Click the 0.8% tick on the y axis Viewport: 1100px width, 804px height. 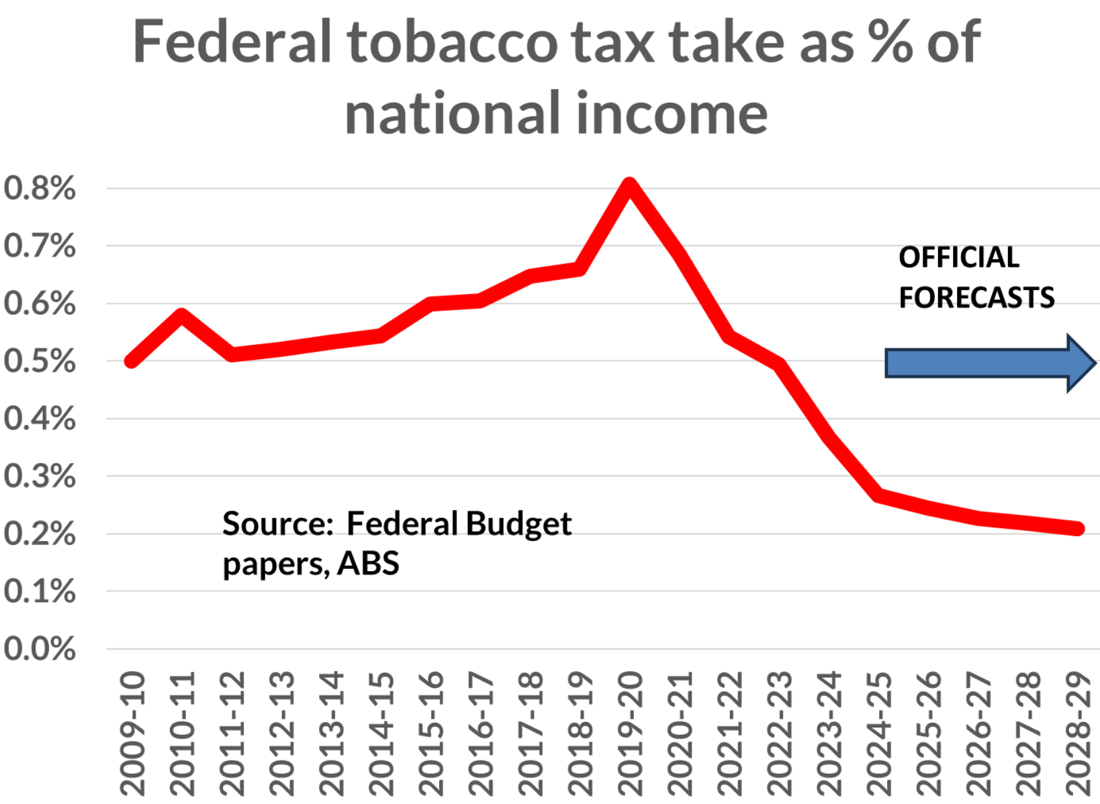tap(40, 188)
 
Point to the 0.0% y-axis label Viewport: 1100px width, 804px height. tap(40, 649)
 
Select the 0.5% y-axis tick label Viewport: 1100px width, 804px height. tap(40, 361)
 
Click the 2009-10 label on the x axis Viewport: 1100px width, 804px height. tap(132, 733)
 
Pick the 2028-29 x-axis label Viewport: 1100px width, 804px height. tap(1079, 733)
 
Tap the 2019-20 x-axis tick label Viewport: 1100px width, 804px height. tap(630, 733)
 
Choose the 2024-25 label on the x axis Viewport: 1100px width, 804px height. tap(879, 733)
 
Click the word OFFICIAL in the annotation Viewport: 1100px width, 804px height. tap(958, 258)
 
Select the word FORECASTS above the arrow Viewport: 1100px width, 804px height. tap(976, 297)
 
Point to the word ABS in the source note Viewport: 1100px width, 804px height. tap(368, 563)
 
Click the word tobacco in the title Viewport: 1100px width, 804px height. tap(451, 42)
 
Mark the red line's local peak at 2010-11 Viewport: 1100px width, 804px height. tap(182, 314)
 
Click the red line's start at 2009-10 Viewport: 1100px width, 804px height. tap(132, 361)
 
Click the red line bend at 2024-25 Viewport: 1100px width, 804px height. tap(879, 495)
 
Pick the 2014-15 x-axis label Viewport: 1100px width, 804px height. tap(381, 733)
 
